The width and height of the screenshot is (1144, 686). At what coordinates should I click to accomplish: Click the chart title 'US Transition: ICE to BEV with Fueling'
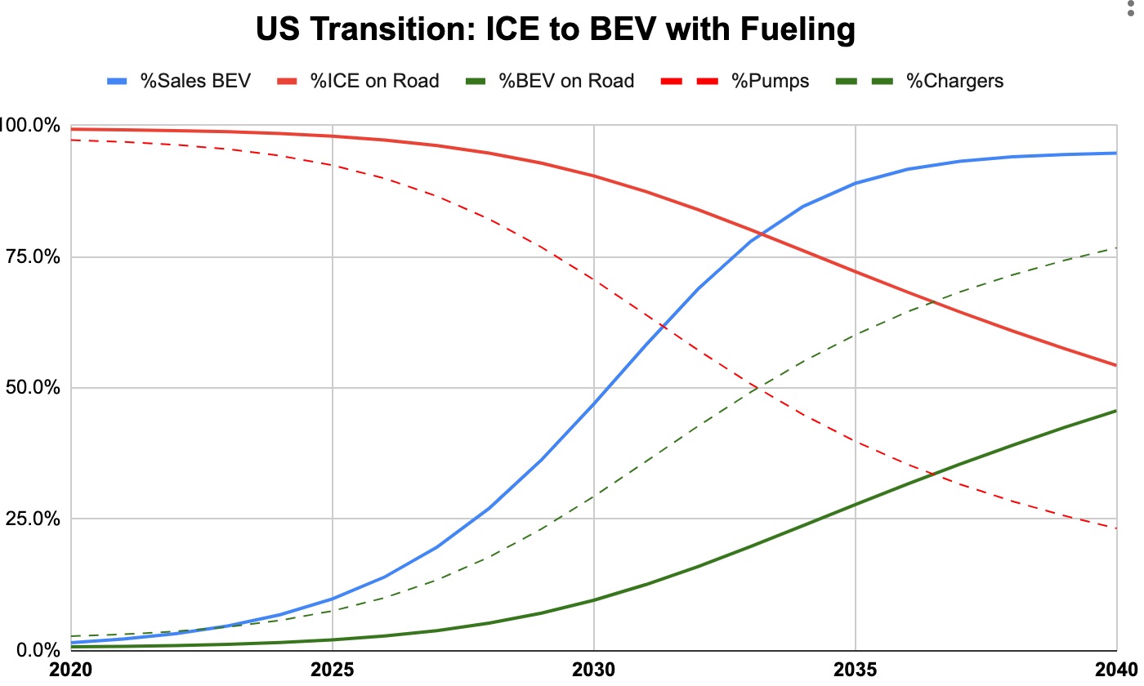[x=555, y=30]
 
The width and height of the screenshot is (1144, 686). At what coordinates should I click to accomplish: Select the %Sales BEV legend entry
[x=179, y=81]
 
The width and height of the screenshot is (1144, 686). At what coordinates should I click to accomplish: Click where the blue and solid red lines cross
[x=760, y=234]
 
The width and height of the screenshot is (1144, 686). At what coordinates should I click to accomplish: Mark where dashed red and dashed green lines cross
[x=759, y=389]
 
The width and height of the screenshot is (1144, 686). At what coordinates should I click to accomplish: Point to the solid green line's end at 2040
[x=1116, y=411]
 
